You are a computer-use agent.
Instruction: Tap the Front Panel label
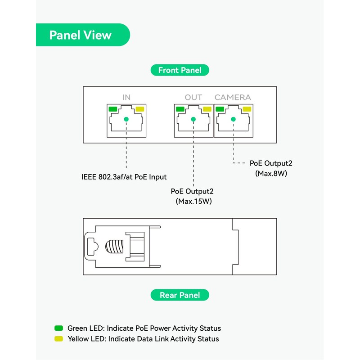(180, 70)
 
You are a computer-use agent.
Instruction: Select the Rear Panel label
(180, 295)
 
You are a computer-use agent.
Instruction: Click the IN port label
(126, 97)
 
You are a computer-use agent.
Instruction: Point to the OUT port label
(193, 97)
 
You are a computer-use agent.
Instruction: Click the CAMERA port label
(233, 97)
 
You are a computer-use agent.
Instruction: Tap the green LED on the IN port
(112, 109)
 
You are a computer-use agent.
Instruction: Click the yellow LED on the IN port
(139, 109)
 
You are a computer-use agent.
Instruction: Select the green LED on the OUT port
(180, 109)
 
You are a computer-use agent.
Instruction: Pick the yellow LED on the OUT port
(207, 109)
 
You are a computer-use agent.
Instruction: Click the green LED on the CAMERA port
(220, 109)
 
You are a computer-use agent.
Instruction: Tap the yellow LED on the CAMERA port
(247, 109)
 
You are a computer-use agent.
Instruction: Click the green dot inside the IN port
(126, 119)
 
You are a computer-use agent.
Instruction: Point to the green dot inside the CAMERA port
(233, 119)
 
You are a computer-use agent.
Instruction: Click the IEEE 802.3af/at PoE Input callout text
(124, 177)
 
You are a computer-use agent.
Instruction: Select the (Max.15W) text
(193, 201)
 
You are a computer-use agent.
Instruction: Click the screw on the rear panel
(114, 246)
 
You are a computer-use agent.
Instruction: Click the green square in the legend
(58, 328)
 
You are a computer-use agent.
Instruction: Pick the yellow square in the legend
(58, 338)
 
